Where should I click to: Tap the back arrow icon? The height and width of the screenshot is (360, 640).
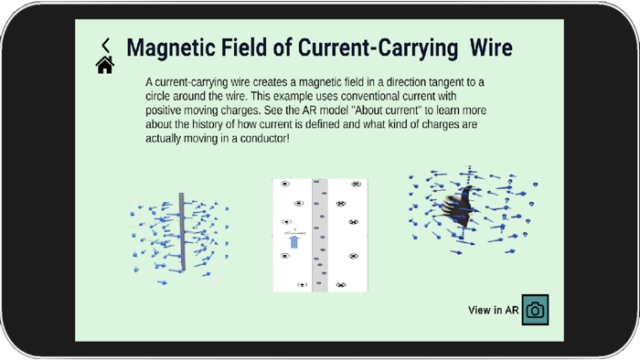(x=106, y=45)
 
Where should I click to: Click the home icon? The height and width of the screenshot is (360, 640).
(x=105, y=65)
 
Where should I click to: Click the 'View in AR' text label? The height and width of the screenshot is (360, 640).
(x=493, y=311)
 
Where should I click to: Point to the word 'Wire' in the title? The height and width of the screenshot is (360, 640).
(x=492, y=48)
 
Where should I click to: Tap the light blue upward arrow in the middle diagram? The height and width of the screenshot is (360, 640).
(x=293, y=242)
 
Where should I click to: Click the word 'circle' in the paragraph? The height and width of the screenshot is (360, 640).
(x=160, y=96)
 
